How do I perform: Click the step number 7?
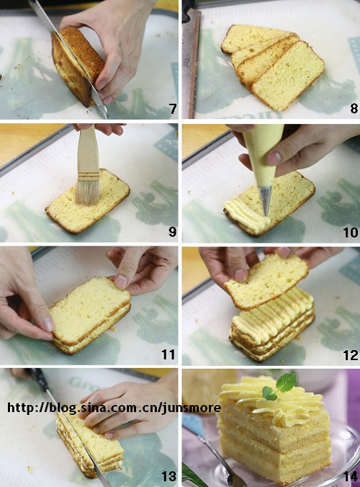pos(173,109)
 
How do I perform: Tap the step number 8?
pos(354,109)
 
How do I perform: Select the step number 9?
pos(172,232)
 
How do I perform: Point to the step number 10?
pos(351,232)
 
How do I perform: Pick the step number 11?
pos(168,354)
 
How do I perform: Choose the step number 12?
pos(351,355)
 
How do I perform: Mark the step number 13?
pos(168,476)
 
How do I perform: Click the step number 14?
pos(351,477)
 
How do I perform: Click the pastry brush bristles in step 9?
pos(88,193)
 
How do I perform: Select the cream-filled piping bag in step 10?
pos(264,156)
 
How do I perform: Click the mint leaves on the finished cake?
pos(279,387)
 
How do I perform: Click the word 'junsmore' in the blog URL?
pos(192,408)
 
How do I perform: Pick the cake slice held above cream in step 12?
pos(266,280)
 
